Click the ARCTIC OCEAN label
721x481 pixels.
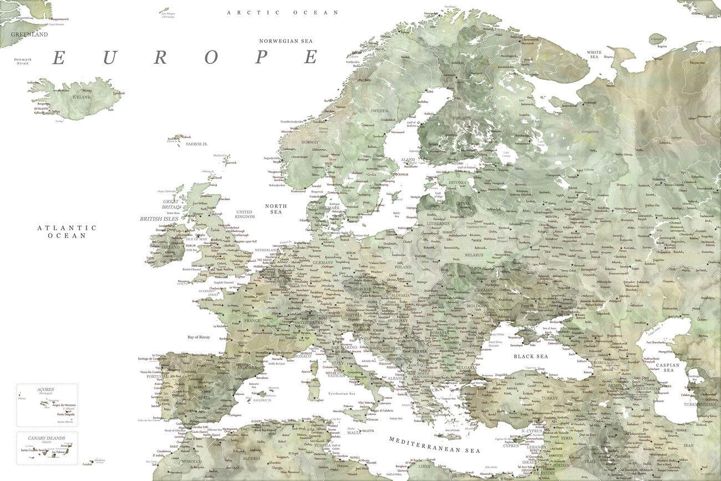click(x=282, y=12)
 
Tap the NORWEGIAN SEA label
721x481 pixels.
click(x=286, y=41)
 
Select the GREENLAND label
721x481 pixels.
click(x=29, y=34)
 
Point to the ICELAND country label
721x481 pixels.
click(x=82, y=97)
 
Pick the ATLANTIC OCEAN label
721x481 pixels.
click(x=67, y=231)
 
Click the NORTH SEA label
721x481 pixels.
click(x=276, y=209)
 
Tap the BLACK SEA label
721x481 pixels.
click(x=530, y=356)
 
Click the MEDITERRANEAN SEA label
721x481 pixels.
click(x=434, y=445)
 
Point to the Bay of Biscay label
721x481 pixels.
click(x=199, y=337)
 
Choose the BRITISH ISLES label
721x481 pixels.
click(x=159, y=219)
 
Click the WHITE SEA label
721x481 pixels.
click(x=594, y=54)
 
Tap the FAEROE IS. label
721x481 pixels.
click(x=196, y=144)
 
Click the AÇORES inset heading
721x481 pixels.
click(x=45, y=389)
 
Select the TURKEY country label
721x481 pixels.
click(x=550, y=398)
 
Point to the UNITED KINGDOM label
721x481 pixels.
click(x=244, y=214)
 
